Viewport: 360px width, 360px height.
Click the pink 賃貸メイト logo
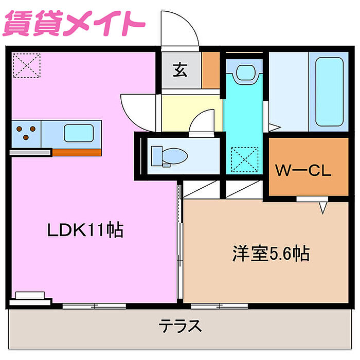[74, 23]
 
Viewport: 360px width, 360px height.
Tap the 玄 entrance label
[180, 70]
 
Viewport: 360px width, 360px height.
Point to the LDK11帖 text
[85, 229]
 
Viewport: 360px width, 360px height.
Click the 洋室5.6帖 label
[271, 253]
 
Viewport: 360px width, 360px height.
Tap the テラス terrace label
[180, 326]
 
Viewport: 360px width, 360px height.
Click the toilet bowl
[169, 156]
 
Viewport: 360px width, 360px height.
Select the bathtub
[329, 92]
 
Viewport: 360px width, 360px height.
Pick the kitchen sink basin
[79, 133]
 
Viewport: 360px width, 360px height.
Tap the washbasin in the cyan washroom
[245, 73]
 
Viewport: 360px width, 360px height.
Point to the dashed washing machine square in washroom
[244, 159]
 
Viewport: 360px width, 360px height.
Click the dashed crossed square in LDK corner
[27, 65]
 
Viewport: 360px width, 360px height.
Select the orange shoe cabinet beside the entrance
[211, 70]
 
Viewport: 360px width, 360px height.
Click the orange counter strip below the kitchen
[77, 152]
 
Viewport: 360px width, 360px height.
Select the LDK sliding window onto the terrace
[94, 306]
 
